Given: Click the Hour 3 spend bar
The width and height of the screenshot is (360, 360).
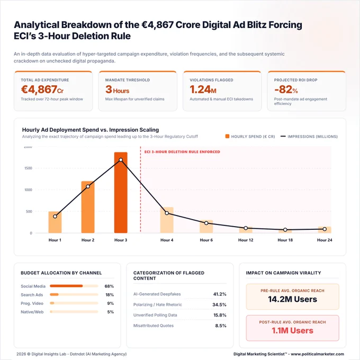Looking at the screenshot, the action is pyautogui.click(x=121, y=193).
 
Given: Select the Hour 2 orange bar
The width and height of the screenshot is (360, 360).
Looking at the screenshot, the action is pyautogui.click(x=88, y=207).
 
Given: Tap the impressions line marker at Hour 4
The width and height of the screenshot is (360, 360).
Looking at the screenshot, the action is pyautogui.click(x=167, y=213).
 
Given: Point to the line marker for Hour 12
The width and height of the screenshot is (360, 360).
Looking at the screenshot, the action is pyautogui.click(x=246, y=228).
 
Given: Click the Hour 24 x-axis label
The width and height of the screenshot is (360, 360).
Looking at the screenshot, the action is pyautogui.click(x=325, y=240).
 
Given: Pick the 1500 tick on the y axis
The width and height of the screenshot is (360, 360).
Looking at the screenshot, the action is pyautogui.click(x=28, y=168).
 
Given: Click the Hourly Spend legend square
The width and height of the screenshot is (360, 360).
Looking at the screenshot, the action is pyautogui.click(x=227, y=137).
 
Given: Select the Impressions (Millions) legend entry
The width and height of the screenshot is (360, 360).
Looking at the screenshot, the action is pyautogui.click(x=309, y=137).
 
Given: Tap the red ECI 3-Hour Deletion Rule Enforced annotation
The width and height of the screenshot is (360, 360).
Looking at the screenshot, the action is pyautogui.click(x=182, y=152).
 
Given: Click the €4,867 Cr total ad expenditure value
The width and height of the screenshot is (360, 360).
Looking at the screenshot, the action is pyautogui.click(x=42, y=89).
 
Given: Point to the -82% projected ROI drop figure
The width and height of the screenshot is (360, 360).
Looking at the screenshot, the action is pyautogui.click(x=286, y=89).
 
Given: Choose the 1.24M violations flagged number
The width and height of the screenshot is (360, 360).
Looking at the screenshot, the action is pyautogui.click(x=203, y=89).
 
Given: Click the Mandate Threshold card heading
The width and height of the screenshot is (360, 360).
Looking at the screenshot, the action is pyautogui.click(x=128, y=80).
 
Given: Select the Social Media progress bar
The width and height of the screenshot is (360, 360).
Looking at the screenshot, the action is pyautogui.click(x=74, y=286).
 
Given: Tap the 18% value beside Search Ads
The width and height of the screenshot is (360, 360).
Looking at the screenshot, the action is pyautogui.click(x=110, y=295).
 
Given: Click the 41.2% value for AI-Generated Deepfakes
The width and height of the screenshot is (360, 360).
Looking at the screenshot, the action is pyautogui.click(x=220, y=294).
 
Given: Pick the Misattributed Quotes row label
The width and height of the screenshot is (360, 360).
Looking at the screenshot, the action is pyautogui.click(x=154, y=326).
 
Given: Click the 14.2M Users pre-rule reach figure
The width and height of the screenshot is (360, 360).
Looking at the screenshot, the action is pyautogui.click(x=292, y=299).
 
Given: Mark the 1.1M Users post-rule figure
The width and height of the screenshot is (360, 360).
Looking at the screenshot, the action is pyautogui.click(x=292, y=330).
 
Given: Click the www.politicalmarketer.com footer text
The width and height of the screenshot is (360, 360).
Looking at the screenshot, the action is pyautogui.click(x=318, y=354).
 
